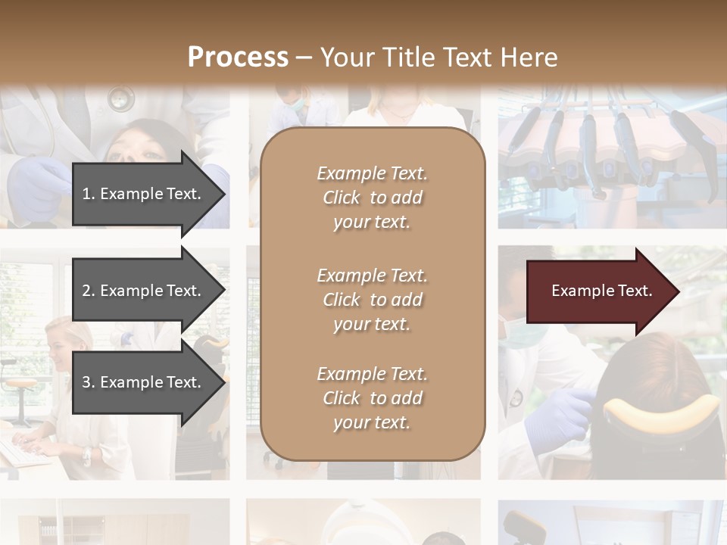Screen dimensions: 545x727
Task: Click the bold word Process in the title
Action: click(238, 57)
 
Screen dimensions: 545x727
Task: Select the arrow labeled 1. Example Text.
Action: click(144, 194)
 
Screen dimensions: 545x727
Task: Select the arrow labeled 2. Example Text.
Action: click(144, 291)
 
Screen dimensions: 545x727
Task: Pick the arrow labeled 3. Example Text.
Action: click(144, 382)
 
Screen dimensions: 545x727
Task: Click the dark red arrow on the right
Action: click(598, 291)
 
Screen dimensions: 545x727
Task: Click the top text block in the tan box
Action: click(372, 198)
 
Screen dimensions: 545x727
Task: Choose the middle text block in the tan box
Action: click(372, 300)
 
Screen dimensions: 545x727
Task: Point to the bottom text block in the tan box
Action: click(372, 398)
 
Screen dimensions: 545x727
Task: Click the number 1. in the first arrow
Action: click(89, 194)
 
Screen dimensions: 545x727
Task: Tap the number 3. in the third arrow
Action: click(89, 382)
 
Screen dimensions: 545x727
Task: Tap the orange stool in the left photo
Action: click(23, 383)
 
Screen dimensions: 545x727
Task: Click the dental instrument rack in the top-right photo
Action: click(606, 144)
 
